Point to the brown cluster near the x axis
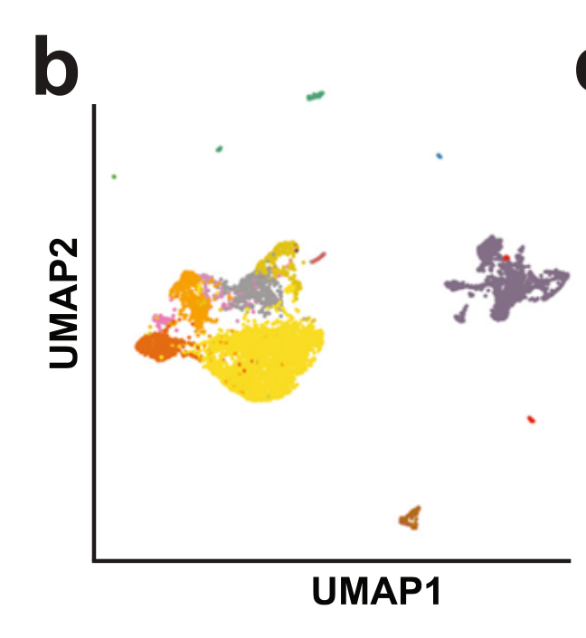pyautogui.click(x=411, y=518)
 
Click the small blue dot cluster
pyautogui.click(x=439, y=156)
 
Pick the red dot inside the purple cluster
pyautogui.click(x=507, y=257)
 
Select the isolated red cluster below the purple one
pyautogui.click(x=531, y=419)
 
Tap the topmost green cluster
pyautogui.click(x=316, y=95)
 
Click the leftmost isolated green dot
pyautogui.click(x=114, y=176)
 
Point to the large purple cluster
pyautogui.click(x=506, y=281)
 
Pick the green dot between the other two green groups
pyautogui.click(x=219, y=148)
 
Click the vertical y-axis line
pyautogui.click(x=94, y=335)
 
